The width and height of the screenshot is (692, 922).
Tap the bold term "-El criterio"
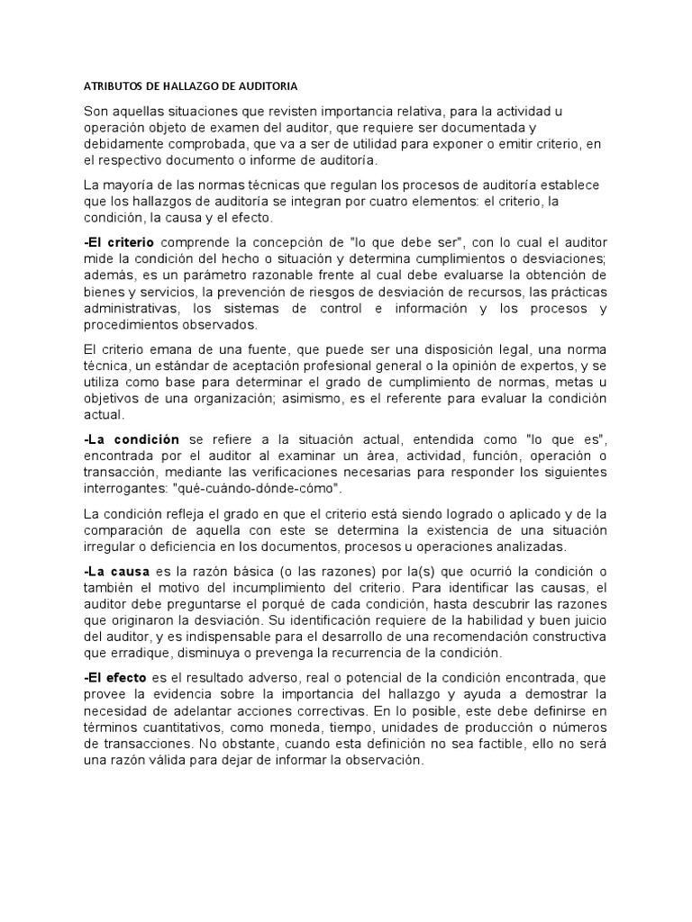click(118, 242)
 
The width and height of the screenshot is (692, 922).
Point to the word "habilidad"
click(458, 620)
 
